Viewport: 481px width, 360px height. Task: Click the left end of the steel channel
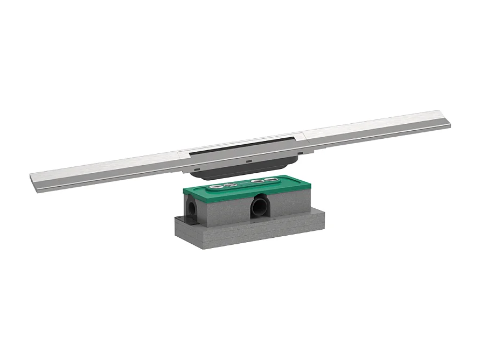[33, 178]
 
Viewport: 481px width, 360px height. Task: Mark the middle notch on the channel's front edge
[247, 160]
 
